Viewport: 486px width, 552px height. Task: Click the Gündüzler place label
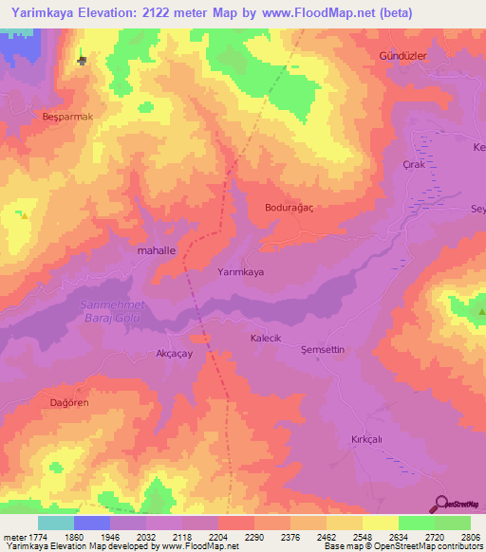405,56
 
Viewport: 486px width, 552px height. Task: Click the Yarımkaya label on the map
240,271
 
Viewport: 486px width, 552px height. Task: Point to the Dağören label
68,402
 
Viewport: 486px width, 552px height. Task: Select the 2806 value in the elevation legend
470,537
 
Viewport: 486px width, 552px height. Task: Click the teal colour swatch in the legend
55,523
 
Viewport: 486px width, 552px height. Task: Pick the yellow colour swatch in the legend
380,523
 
